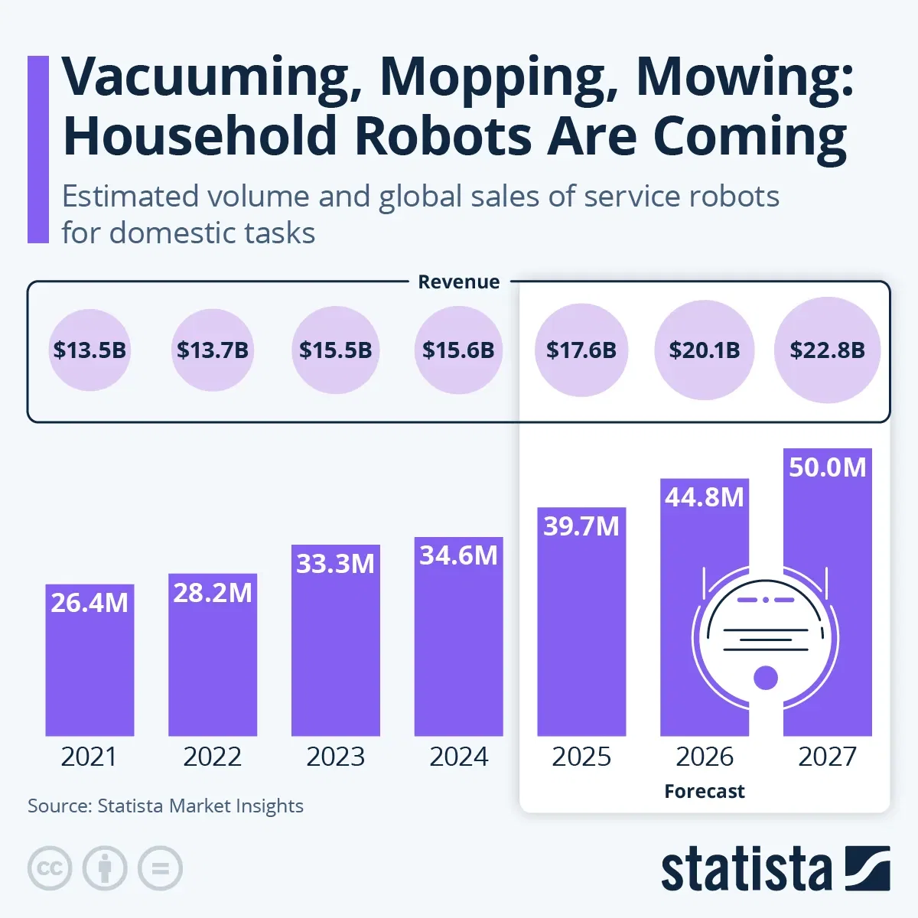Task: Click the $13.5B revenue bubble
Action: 90,350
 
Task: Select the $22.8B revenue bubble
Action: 827,350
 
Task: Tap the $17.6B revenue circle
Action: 581,350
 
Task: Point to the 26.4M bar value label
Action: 90,603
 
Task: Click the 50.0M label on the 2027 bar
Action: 827,467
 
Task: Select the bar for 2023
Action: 335,650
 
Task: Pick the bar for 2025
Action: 581,635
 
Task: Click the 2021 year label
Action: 90,757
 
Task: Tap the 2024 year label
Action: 458,757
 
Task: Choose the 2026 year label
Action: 704,757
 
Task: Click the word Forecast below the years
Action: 704,791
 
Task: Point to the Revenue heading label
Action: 458,282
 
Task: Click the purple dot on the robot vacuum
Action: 766,677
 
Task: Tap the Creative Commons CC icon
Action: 50,868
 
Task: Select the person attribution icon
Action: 105,868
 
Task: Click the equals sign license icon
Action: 160,868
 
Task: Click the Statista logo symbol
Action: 867,868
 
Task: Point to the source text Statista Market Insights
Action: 165,806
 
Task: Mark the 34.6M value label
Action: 458,555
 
